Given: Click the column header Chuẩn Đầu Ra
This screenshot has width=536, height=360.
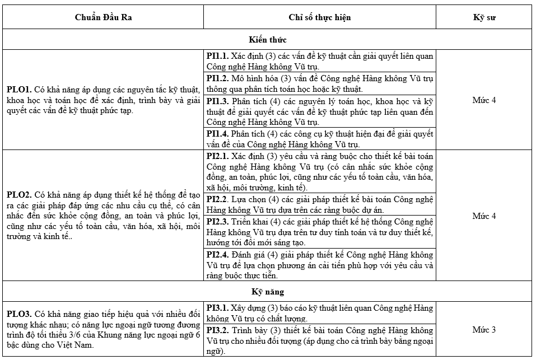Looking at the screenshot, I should coord(104,17).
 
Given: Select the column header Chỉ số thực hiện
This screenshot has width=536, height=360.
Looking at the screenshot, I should coord(320,17).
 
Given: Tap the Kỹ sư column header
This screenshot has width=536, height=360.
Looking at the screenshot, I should coord(484,17).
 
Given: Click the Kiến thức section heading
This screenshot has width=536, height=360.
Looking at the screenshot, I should coord(267,40).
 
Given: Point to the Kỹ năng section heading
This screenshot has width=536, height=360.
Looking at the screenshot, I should coord(267,292).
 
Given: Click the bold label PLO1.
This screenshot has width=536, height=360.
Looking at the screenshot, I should coord(18,90).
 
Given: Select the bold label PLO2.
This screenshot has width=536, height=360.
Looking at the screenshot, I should coord(18,195).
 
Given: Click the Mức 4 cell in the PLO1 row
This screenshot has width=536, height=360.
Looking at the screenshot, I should coord(484,100).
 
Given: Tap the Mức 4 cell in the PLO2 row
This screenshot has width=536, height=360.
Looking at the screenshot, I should coord(484,216).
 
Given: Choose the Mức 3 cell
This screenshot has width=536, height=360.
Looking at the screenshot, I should coord(484,329).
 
